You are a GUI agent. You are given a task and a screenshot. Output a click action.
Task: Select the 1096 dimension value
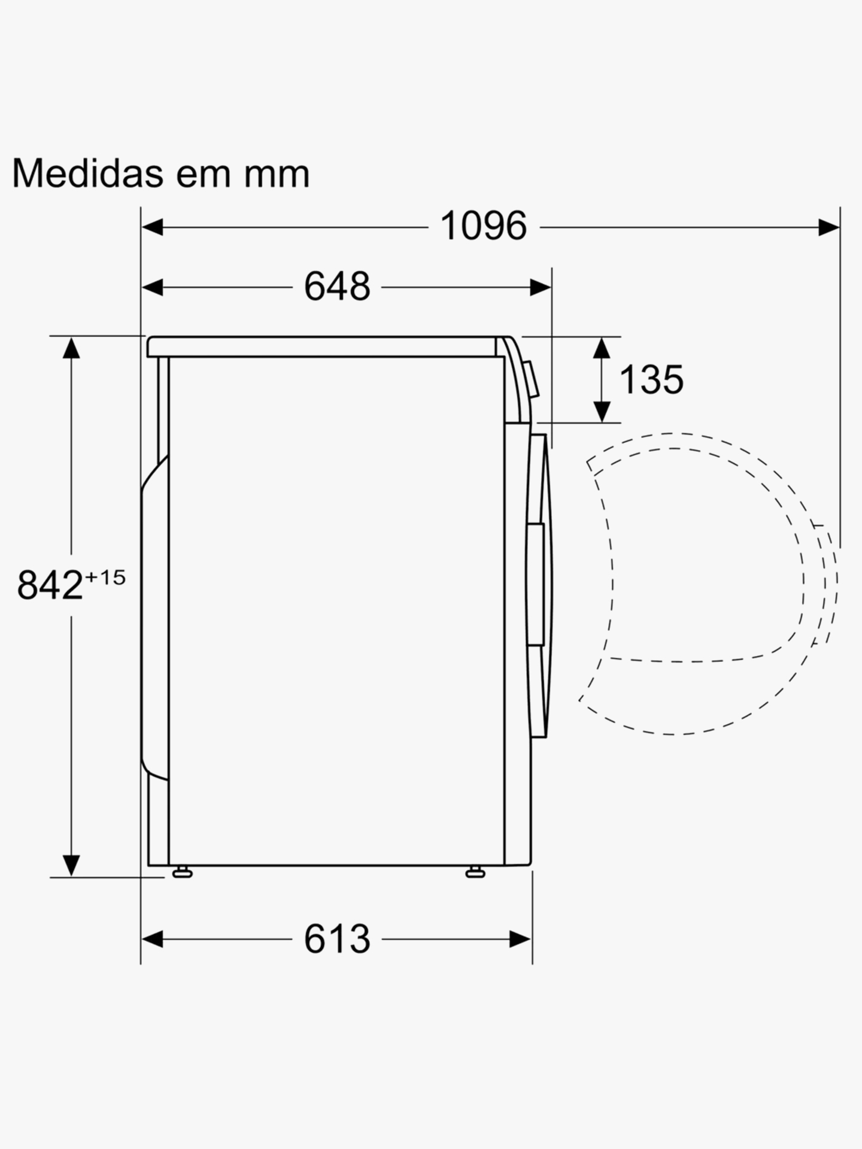[x=483, y=227]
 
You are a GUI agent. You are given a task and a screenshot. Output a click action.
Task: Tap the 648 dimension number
[x=337, y=287]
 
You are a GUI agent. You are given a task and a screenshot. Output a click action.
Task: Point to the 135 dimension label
[x=651, y=379]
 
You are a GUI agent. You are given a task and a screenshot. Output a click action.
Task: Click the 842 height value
[x=50, y=585]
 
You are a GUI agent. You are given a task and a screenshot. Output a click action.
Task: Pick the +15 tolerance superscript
[x=105, y=577]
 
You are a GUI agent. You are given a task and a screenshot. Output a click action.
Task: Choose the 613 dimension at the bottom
[x=337, y=939]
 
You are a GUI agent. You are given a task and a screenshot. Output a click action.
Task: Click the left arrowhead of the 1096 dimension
[x=152, y=227]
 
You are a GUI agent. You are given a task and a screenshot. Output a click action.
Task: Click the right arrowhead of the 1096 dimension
[x=829, y=227]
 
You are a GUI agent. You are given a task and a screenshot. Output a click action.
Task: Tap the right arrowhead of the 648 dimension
[x=541, y=287]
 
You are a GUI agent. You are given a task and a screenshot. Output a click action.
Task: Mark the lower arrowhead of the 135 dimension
[x=602, y=412]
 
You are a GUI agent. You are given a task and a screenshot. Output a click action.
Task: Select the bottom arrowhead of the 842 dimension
[x=71, y=865]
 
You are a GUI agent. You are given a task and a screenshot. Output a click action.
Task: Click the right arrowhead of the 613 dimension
[x=520, y=939]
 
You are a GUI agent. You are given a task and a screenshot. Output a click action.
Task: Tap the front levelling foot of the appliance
[x=475, y=873]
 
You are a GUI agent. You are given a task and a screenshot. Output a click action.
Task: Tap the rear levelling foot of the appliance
[x=182, y=873]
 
